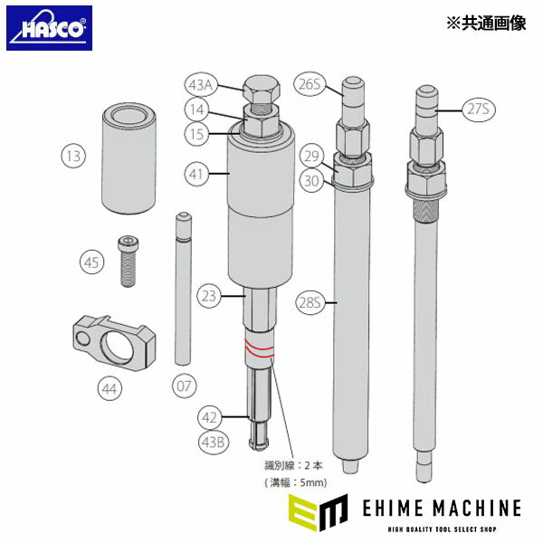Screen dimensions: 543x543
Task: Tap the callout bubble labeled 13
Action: coord(74,156)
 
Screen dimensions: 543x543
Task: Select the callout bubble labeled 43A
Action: coord(201,85)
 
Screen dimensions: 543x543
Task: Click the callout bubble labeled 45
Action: coord(91,262)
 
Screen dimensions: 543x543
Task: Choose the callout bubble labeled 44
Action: coord(109,389)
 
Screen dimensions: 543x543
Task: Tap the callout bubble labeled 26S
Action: coord(310,85)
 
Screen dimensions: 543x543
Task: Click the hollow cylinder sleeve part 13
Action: coord(127,156)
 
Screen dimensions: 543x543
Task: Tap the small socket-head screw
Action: coord(128,260)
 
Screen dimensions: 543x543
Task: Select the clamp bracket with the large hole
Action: coord(110,341)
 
